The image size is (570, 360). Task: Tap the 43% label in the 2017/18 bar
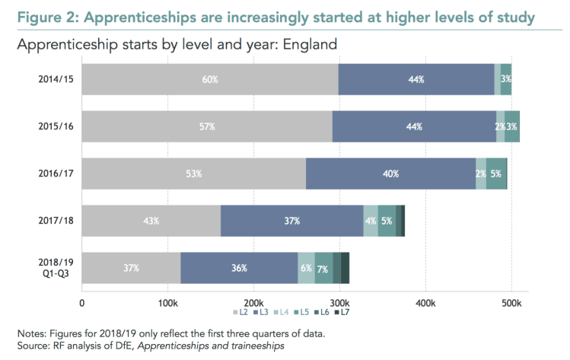(151, 221)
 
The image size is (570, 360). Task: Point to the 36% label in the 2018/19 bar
(239, 268)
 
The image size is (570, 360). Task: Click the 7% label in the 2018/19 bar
(323, 268)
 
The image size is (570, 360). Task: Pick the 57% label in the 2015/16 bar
(205, 126)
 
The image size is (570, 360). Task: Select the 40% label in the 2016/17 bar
(391, 174)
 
